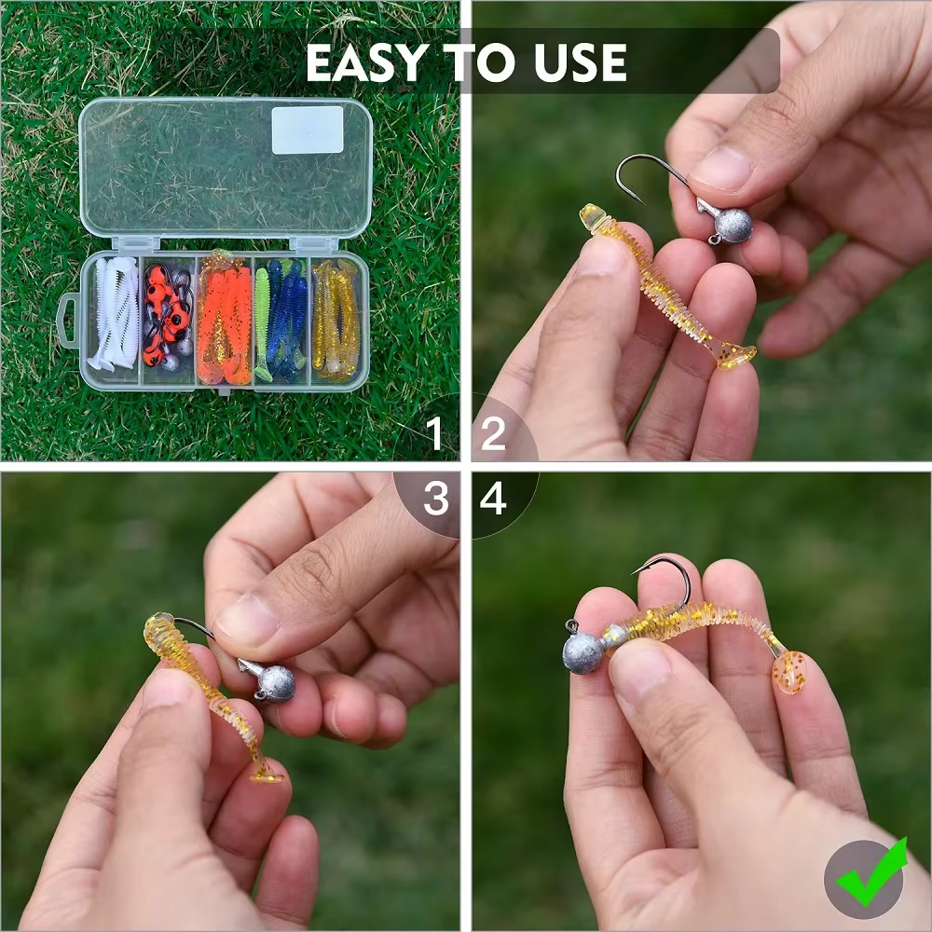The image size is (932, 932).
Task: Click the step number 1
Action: [x=435, y=432]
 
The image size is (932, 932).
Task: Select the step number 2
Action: [x=493, y=432]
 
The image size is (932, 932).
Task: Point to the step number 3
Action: [x=435, y=498]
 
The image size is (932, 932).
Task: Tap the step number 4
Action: [x=493, y=498]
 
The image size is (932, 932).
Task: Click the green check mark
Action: [x=871, y=871]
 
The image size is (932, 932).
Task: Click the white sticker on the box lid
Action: [x=308, y=130]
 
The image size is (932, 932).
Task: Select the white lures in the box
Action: [x=114, y=314]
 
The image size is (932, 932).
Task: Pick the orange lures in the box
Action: [x=225, y=322]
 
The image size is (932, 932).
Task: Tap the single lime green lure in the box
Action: [x=262, y=323]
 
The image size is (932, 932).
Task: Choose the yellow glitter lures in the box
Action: [x=336, y=320]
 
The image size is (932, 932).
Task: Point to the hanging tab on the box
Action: [x=67, y=321]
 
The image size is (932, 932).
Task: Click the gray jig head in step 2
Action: [x=733, y=226]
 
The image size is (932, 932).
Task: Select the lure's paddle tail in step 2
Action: [x=736, y=355]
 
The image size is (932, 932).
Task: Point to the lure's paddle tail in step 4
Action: [x=788, y=672]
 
